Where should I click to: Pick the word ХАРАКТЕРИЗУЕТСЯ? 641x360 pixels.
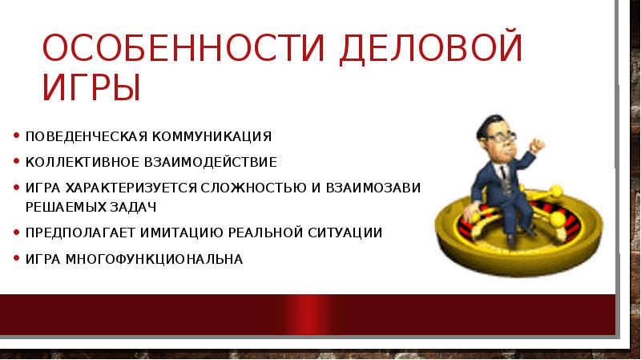pos(135,188)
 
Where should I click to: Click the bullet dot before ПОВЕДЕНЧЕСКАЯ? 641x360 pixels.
pos(17,136)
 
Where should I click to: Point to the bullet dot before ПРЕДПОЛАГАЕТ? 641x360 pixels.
pos(17,233)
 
